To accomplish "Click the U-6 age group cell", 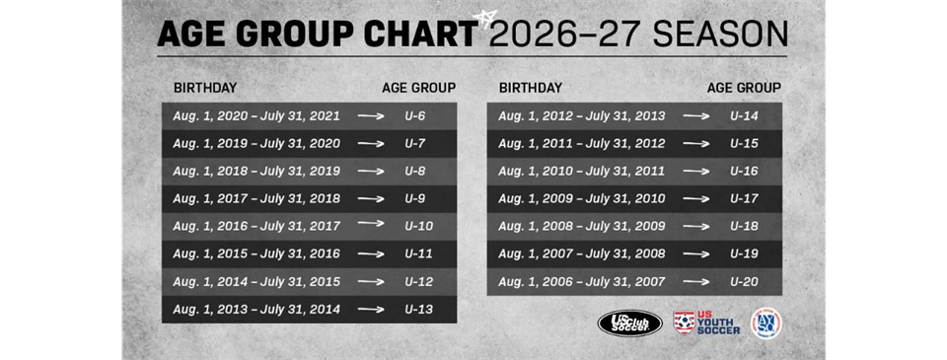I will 414,116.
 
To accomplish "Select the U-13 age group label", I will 418,310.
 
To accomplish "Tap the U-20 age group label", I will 744,282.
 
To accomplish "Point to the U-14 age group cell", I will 744,116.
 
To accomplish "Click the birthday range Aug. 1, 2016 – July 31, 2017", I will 256,227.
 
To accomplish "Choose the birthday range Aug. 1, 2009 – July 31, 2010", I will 582,199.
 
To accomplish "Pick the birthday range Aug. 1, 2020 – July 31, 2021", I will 256,116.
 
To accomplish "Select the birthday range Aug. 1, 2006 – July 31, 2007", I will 582,282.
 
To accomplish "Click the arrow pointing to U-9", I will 371,199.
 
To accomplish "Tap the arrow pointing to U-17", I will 696,199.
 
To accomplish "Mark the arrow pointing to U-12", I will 371,282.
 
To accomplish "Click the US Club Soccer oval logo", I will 629,324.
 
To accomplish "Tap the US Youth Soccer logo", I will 706,324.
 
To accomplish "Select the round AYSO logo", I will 765,324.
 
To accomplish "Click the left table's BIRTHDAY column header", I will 205,88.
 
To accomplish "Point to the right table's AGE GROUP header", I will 744,88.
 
